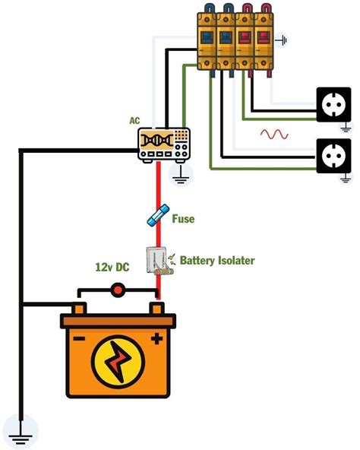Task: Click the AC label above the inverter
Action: point(134,120)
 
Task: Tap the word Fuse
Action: point(183,219)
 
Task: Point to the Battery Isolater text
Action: point(216,260)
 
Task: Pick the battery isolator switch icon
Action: point(158,261)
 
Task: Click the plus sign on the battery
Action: point(156,338)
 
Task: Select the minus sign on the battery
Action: point(79,338)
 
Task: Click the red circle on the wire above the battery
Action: point(118,289)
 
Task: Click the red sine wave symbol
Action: point(274,135)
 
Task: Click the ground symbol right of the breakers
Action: point(285,40)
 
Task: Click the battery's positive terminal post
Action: point(157,309)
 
